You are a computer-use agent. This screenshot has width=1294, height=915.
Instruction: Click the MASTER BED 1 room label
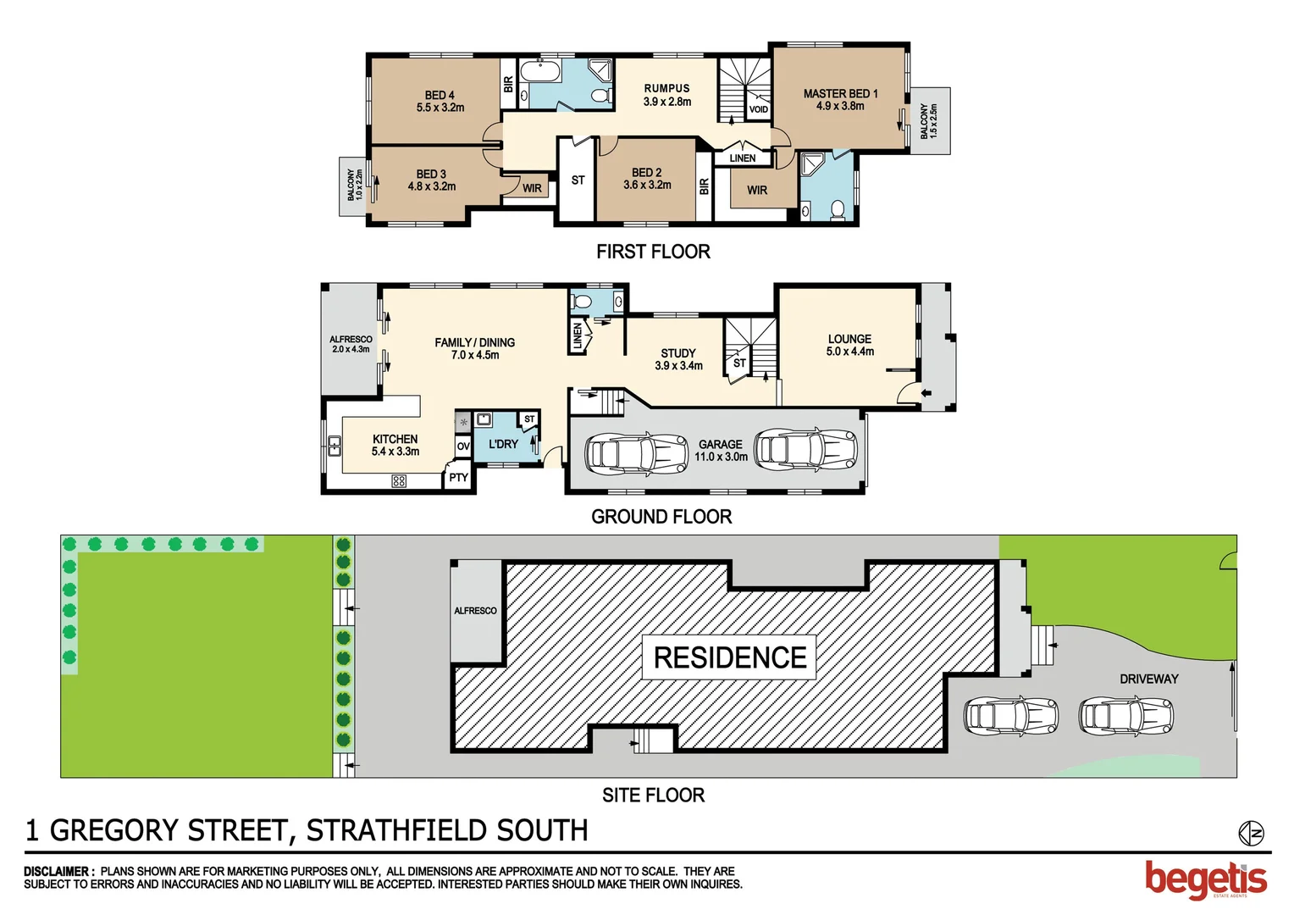[x=840, y=94]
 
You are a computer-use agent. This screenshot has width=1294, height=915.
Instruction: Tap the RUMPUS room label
[x=666, y=88]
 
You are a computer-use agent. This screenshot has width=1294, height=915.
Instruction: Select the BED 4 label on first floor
[x=440, y=96]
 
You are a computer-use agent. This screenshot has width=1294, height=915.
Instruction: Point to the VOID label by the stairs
[x=758, y=109]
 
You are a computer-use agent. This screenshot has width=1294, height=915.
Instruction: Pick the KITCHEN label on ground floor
[x=395, y=439]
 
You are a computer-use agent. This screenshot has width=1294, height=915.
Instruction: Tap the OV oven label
[x=463, y=446]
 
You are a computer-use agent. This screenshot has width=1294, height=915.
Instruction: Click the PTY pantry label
[x=458, y=478]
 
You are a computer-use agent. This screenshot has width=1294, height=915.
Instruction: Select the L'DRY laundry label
[x=503, y=444]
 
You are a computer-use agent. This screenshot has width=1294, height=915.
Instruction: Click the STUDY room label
[x=678, y=353]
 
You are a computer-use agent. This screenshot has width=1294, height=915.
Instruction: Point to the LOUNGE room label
[x=849, y=339]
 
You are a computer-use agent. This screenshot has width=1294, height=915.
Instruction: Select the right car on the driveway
[x=1125, y=716]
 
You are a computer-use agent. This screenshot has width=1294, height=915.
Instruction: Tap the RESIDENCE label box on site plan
[x=729, y=657]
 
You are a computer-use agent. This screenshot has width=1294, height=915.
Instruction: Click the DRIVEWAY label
[x=1148, y=679]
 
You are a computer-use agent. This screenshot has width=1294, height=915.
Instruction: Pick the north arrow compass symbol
[x=1250, y=834]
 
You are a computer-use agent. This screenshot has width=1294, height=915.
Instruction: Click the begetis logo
[x=1206, y=879]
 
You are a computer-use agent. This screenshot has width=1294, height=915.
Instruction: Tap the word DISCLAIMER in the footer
[x=58, y=871]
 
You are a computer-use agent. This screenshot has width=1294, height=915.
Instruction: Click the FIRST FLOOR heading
[x=653, y=252]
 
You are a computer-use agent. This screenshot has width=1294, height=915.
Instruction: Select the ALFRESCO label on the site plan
[x=475, y=611]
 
